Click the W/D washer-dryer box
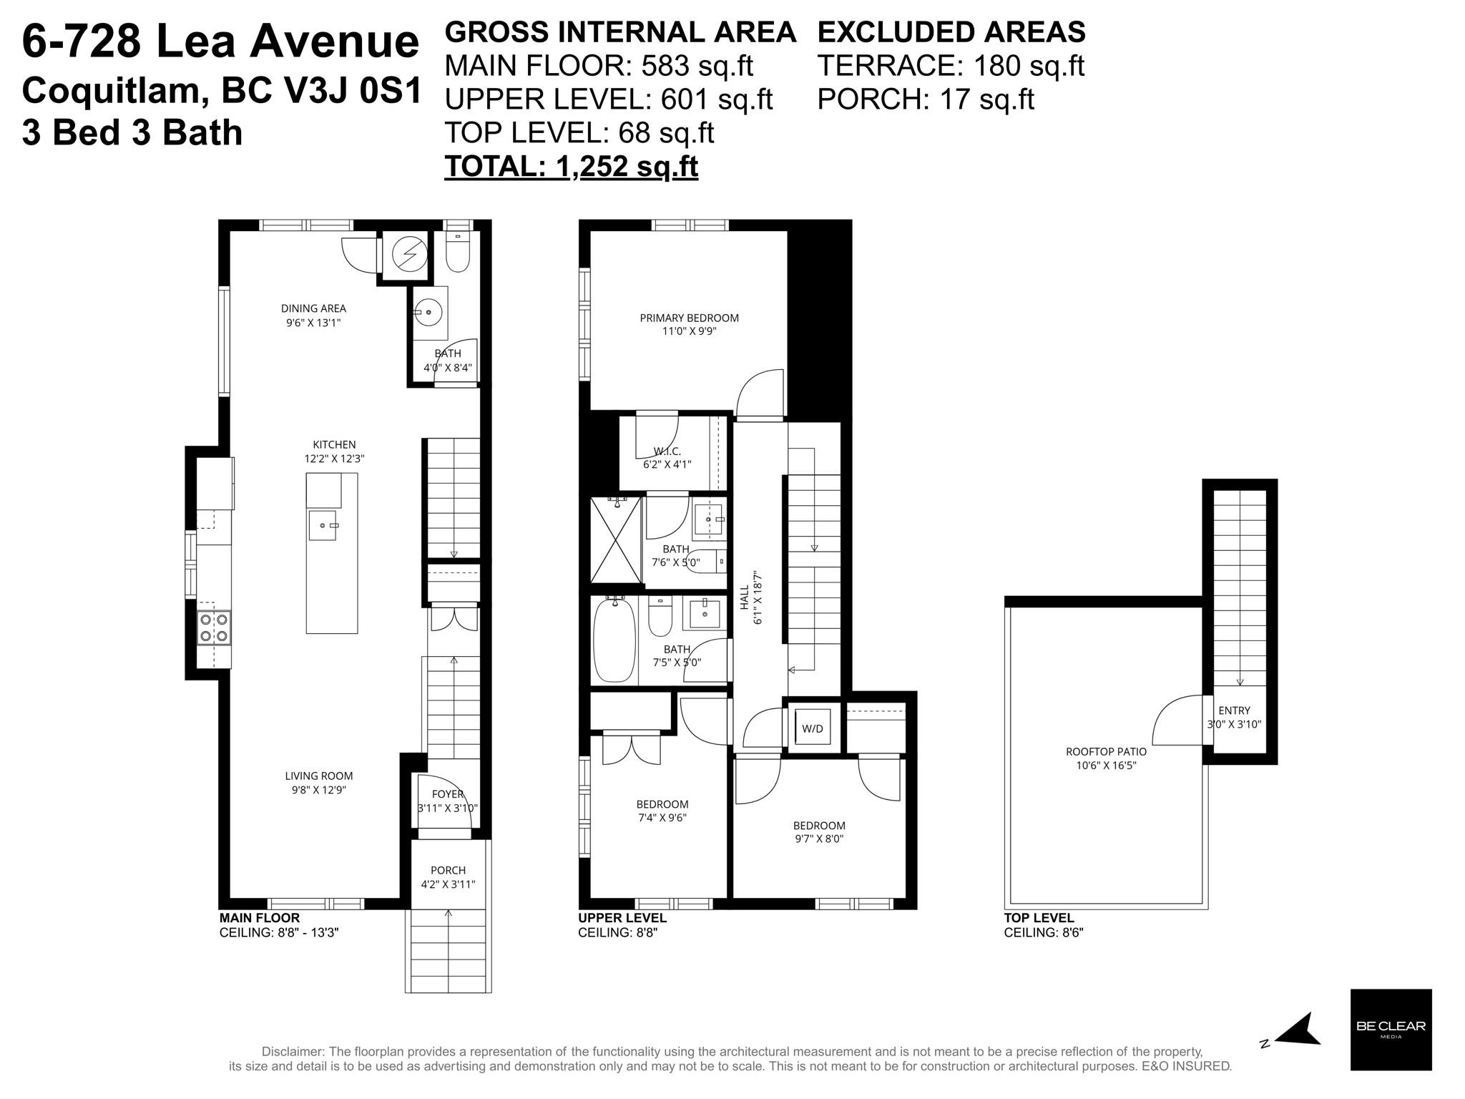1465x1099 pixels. (x=812, y=728)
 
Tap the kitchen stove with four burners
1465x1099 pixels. (x=214, y=627)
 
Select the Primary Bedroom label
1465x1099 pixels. (x=689, y=318)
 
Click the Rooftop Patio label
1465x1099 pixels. (x=1106, y=751)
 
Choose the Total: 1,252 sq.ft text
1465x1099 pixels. (x=571, y=166)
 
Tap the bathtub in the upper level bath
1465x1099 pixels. (x=614, y=640)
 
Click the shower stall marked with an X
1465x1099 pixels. (x=616, y=539)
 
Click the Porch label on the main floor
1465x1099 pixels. (x=448, y=870)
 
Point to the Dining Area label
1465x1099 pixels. (x=313, y=308)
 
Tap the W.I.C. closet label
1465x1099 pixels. (x=667, y=451)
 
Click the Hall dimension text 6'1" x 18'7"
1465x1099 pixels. (x=758, y=597)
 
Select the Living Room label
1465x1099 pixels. (x=319, y=776)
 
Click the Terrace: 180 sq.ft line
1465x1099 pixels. (x=951, y=66)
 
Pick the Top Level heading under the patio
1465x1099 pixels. (x=1039, y=918)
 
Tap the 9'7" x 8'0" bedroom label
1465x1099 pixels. (x=819, y=839)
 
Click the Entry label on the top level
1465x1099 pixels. (x=1234, y=710)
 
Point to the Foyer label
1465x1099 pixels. (x=448, y=794)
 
